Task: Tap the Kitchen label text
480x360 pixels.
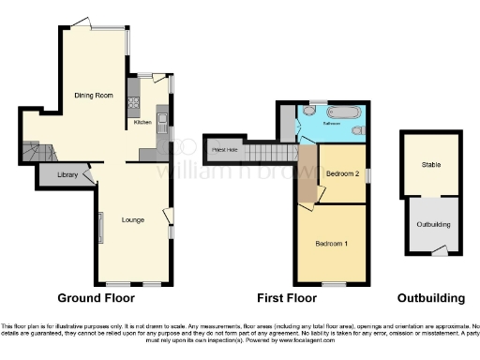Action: [142, 122]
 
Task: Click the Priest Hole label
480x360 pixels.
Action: [224, 150]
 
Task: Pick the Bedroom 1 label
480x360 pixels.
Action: [331, 244]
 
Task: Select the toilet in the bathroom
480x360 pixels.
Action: [357, 130]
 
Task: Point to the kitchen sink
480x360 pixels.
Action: [161, 119]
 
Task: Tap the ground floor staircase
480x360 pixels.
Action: [39, 150]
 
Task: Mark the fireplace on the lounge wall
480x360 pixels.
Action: [101, 225]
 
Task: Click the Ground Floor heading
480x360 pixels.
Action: [96, 298]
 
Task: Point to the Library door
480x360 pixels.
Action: [87, 173]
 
